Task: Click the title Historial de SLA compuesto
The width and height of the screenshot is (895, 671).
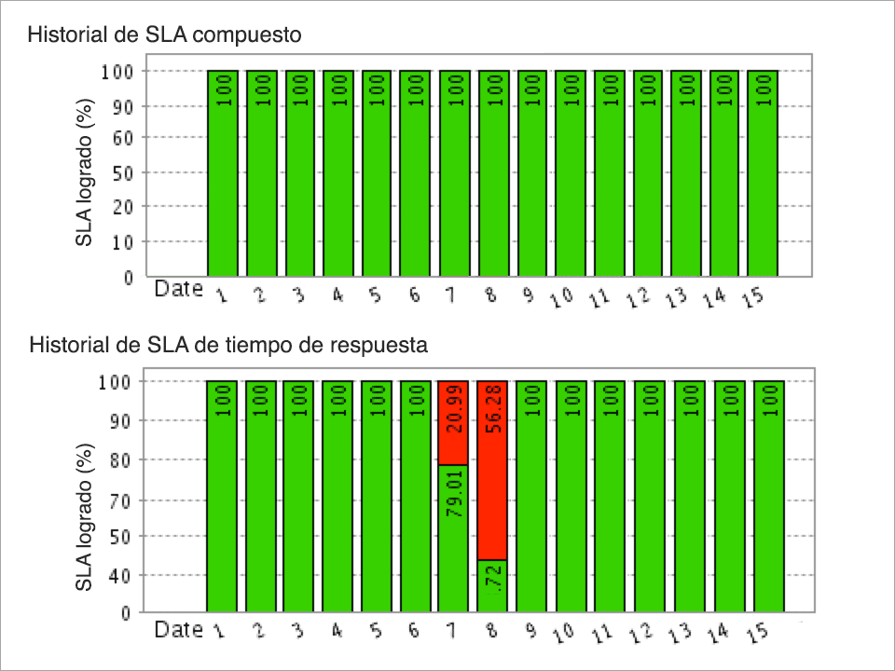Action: pyautogui.click(x=164, y=36)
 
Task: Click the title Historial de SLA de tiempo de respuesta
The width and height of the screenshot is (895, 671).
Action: pyautogui.click(x=229, y=346)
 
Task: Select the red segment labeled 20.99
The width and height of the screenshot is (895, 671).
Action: pyautogui.click(x=453, y=422)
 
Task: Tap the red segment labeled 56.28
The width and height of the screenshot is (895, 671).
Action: pyautogui.click(x=492, y=470)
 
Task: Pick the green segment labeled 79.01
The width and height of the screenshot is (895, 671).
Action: pyautogui.click(x=453, y=538)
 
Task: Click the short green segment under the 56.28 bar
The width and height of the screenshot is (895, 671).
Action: pyautogui.click(x=492, y=586)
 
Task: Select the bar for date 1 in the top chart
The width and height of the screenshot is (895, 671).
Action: pyautogui.click(x=223, y=173)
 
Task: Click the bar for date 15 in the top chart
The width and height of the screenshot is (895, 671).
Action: pyautogui.click(x=763, y=173)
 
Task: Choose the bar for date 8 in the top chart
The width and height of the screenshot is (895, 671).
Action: pyautogui.click(x=493, y=173)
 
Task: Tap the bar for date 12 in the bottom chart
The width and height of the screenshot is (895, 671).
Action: pyautogui.click(x=650, y=497)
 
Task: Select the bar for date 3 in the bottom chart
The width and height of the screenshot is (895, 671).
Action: pyautogui.click(x=298, y=497)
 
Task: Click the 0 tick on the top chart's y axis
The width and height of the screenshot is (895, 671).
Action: pyautogui.click(x=128, y=277)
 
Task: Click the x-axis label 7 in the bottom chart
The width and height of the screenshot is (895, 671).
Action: pyautogui.click(x=451, y=631)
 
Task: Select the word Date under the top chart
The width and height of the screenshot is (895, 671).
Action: pyautogui.click(x=178, y=289)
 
